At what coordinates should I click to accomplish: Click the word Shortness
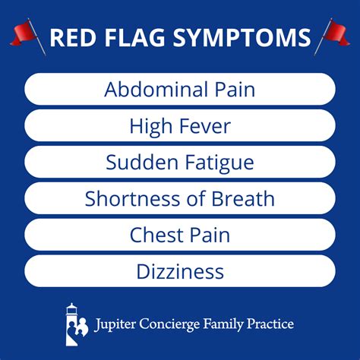pyautogui.click(x=130, y=199)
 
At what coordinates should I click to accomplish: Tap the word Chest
pyautogui.click(x=156, y=235)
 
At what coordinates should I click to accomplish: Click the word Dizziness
pyautogui.click(x=180, y=271)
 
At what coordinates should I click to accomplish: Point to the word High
pyautogui.click(x=150, y=126)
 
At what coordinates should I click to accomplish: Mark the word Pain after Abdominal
pyautogui.click(x=232, y=90)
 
